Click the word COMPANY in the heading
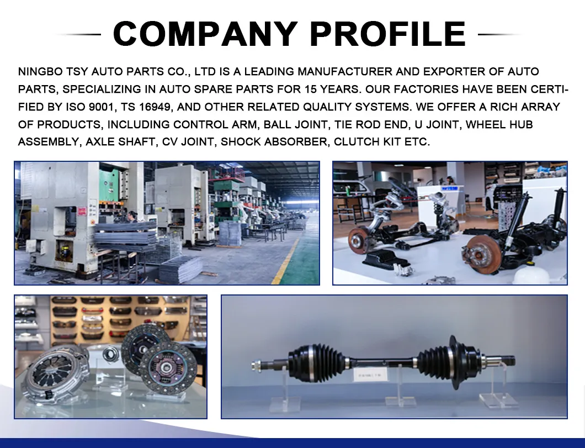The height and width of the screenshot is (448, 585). [x=205, y=34]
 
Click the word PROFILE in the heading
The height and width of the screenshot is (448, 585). [x=387, y=34]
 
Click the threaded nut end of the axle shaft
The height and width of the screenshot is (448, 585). [x=257, y=365]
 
